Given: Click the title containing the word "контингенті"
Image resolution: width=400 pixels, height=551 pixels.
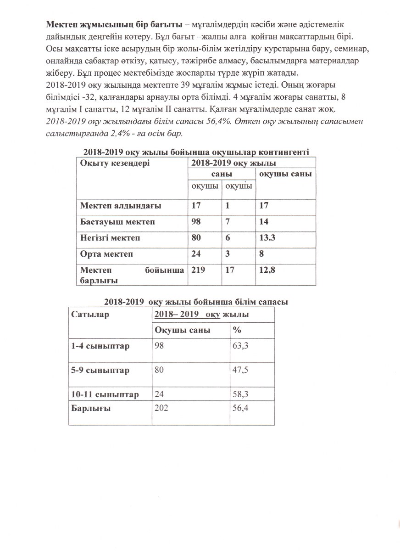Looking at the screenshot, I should pyautogui.click(x=196, y=152).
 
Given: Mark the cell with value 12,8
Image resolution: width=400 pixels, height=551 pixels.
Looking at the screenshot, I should pyautogui.click(x=268, y=270).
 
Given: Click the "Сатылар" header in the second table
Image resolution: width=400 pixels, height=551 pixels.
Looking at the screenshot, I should pyautogui.click(x=90, y=315).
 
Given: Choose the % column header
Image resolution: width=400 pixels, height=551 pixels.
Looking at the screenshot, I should pyautogui.click(x=237, y=330).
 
